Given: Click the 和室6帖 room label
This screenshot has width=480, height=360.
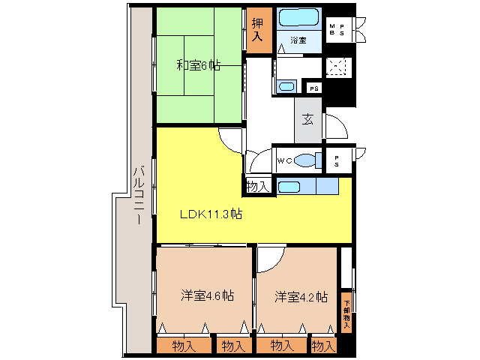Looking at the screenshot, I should click(x=198, y=66).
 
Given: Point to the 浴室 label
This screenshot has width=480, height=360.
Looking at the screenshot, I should click(x=297, y=39).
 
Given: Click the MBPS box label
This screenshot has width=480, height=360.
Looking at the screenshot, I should click(x=337, y=30).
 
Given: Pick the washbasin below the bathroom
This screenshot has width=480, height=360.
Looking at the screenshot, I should click(x=286, y=86).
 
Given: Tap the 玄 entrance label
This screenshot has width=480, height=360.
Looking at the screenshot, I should click(x=307, y=119).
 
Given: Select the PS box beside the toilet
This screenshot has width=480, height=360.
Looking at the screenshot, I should click(x=337, y=160).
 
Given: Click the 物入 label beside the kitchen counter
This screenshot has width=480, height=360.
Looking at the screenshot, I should click(x=257, y=186).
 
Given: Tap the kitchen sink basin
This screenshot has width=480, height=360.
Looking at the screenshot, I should click(x=287, y=187).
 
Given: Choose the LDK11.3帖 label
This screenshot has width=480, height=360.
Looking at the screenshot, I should click(x=210, y=214).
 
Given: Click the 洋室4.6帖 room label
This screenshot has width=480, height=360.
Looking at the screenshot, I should click(x=207, y=295).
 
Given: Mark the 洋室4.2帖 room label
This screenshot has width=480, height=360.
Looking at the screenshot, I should click(x=301, y=295).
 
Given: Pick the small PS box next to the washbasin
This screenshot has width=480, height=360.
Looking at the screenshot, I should click(x=314, y=88).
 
